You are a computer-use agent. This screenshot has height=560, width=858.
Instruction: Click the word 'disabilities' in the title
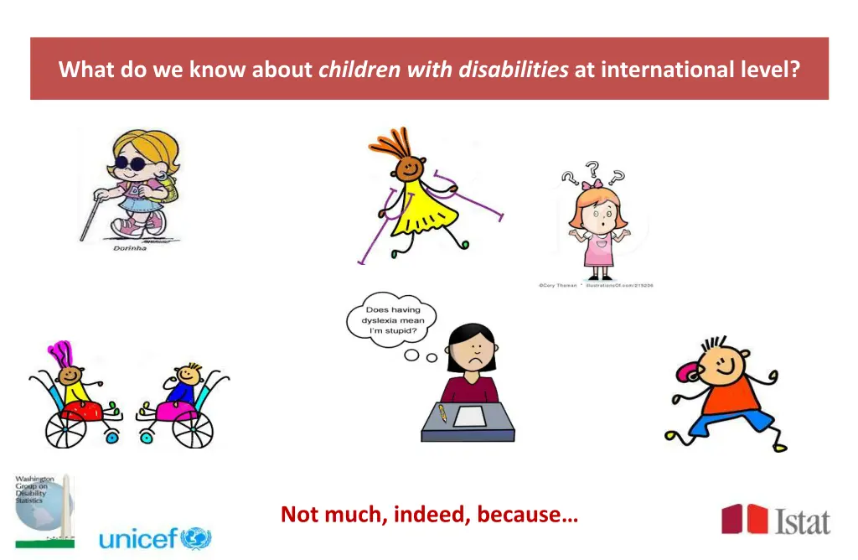513,70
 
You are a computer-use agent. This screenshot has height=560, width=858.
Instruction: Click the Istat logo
775,520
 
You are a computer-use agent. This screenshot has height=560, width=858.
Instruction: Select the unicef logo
155,538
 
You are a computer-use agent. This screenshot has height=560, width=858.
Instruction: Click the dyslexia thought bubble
392,321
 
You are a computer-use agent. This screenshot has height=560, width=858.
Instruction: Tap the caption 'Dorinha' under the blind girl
130,248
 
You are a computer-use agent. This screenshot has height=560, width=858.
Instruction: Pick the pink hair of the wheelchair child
60,356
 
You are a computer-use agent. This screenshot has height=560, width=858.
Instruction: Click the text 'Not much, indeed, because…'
429,514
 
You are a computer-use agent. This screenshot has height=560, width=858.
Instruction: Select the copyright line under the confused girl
595,286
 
